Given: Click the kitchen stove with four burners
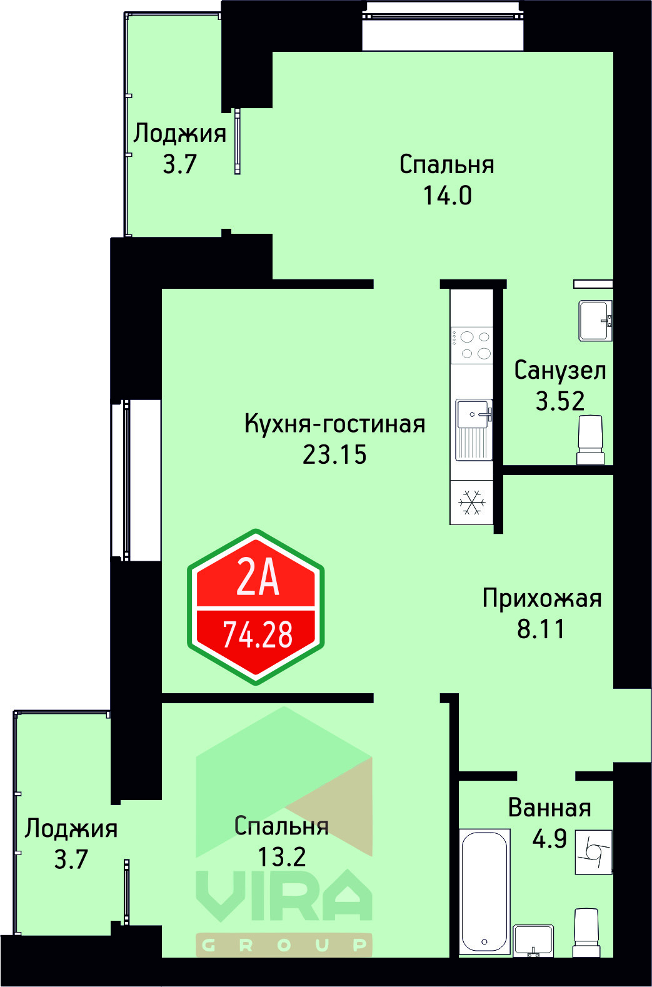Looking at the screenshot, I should click(472, 345).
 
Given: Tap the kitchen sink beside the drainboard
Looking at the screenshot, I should click(473, 414).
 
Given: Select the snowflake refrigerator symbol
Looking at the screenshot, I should click(472, 503).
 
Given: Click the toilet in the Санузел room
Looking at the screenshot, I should click(589, 440).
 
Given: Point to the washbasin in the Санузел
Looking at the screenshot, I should click(594, 321).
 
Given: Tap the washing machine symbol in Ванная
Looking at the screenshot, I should click(593, 851).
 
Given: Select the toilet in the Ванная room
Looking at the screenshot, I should click(586, 934).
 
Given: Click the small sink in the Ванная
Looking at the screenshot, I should click(533, 940).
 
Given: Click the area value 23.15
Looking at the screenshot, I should click(334, 455).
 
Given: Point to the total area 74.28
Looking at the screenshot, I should click(258, 635).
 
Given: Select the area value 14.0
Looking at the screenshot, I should click(447, 196).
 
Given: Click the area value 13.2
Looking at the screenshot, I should click(281, 857).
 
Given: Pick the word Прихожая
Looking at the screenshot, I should click(541, 599).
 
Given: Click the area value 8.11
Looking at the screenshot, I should click(541, 629).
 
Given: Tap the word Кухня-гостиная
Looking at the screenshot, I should click(334, 424).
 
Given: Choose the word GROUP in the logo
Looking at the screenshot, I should click(284, 945).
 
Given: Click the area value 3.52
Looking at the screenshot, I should click(560, 401).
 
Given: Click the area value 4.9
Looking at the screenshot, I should click(549, 839).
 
